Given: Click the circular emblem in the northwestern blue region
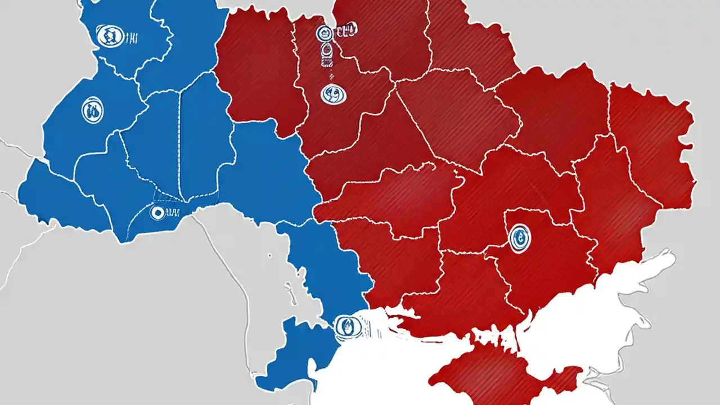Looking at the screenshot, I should pos(110,37).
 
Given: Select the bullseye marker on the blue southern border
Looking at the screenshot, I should pos(157,213).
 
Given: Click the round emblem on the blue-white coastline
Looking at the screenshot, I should pos(348,327).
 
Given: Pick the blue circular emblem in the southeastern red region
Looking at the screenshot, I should pos(519,237).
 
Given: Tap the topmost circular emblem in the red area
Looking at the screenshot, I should pos(324,34).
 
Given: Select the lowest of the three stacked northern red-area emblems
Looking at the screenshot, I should pos(333,93).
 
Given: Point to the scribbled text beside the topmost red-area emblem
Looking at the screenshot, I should pos(345,31).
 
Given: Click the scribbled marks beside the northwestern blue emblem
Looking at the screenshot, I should pos(131,38).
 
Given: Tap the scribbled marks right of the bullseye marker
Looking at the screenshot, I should pos(173,213).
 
